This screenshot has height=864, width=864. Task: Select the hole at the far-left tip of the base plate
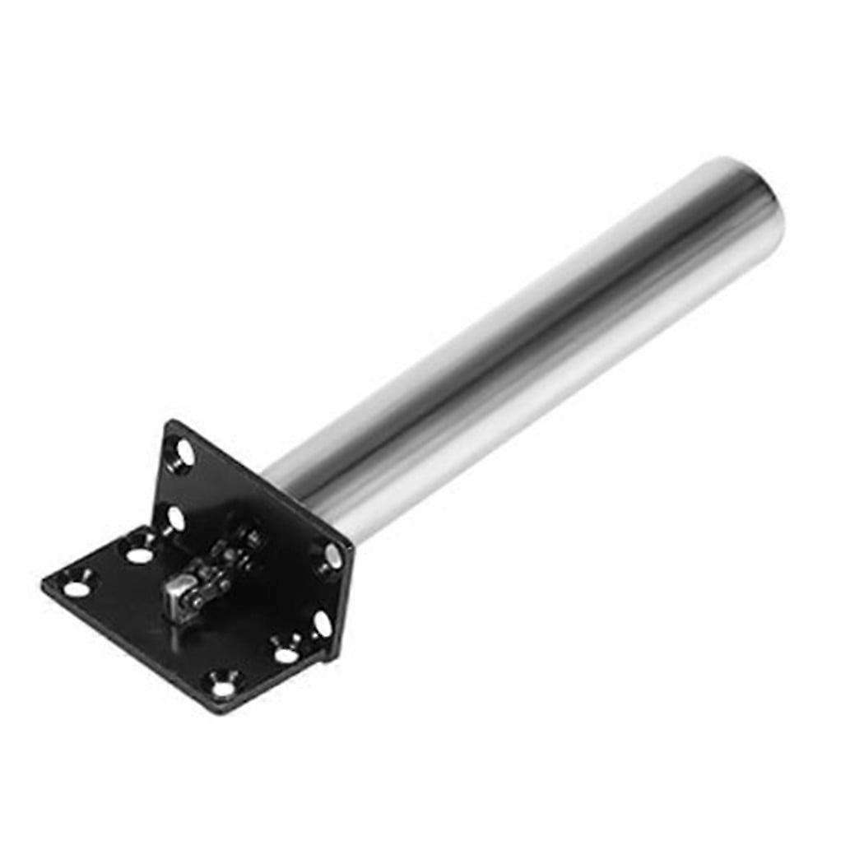coord(76,588)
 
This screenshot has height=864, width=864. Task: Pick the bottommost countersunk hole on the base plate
coord(223,683)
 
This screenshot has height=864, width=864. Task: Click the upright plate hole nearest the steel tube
coord(332,557)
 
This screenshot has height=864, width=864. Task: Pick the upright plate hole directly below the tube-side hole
coord(322,624)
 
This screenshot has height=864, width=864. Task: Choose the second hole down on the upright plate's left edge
coord(175,518)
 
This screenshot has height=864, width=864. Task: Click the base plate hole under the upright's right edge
coord(286,655)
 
